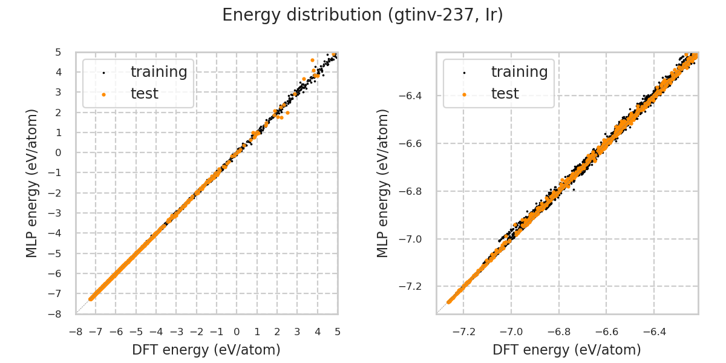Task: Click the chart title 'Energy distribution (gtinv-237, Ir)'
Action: coord(362,15)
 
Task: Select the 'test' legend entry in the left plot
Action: coord(145,94)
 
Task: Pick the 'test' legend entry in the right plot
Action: coord(505,94)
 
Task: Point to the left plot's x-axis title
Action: coord(206,350)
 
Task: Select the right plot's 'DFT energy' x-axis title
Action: coord(567,350)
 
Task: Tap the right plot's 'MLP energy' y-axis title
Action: coord(384,183)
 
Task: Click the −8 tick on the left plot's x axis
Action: coord(76,332)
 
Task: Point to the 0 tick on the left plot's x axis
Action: coord(237,332)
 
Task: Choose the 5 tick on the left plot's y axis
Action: coord(58,52)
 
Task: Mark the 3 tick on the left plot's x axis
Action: coord(297,332)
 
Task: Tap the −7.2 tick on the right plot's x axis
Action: coord(463,332)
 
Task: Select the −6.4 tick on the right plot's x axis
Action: coord(653,332)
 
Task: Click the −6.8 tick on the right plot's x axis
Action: coord(558,332)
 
